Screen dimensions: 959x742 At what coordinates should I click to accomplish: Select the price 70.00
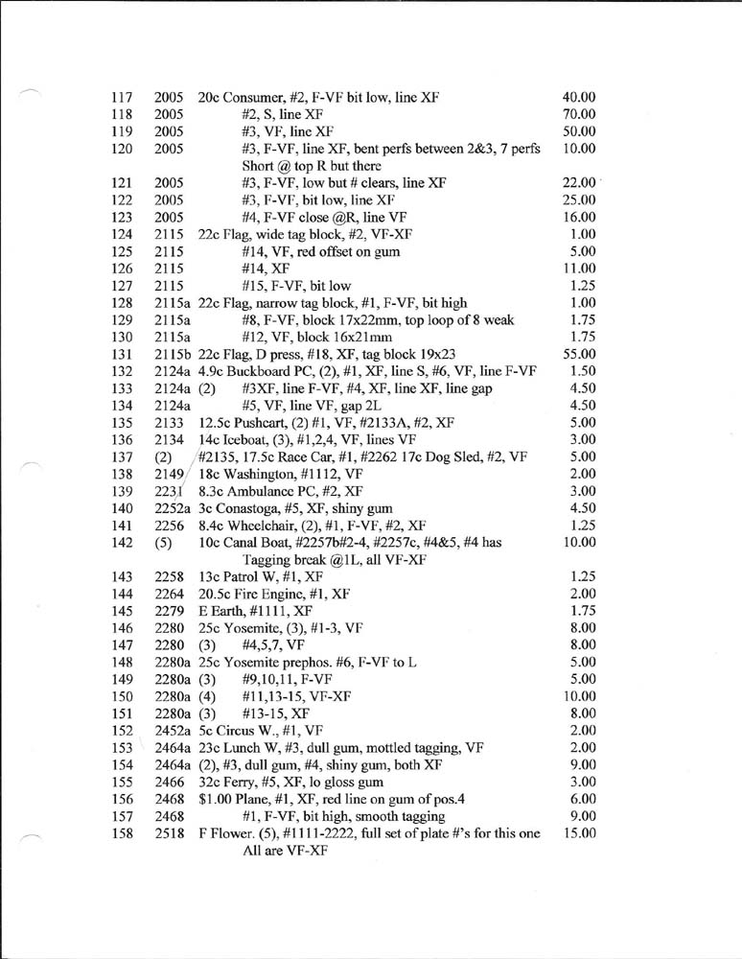point(579,114)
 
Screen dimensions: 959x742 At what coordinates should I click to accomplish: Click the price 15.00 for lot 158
point(579,834)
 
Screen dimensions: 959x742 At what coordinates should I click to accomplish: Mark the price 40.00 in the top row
point(579,97)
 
